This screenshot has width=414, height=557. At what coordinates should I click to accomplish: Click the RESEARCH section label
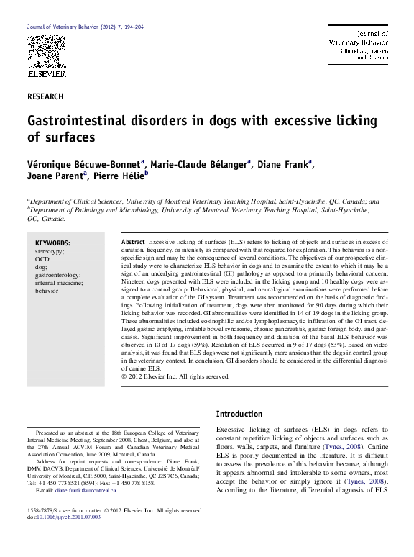45,96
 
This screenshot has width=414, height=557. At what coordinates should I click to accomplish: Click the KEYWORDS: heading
52,243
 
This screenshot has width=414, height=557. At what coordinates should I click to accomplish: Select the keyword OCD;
42,260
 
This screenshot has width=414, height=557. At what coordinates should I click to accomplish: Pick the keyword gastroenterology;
58,276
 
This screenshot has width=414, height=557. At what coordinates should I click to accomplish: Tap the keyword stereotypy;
50,252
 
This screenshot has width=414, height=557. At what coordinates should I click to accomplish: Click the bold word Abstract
133,242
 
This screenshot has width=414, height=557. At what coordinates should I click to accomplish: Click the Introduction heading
239,415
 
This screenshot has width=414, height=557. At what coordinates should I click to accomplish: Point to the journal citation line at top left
86,26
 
